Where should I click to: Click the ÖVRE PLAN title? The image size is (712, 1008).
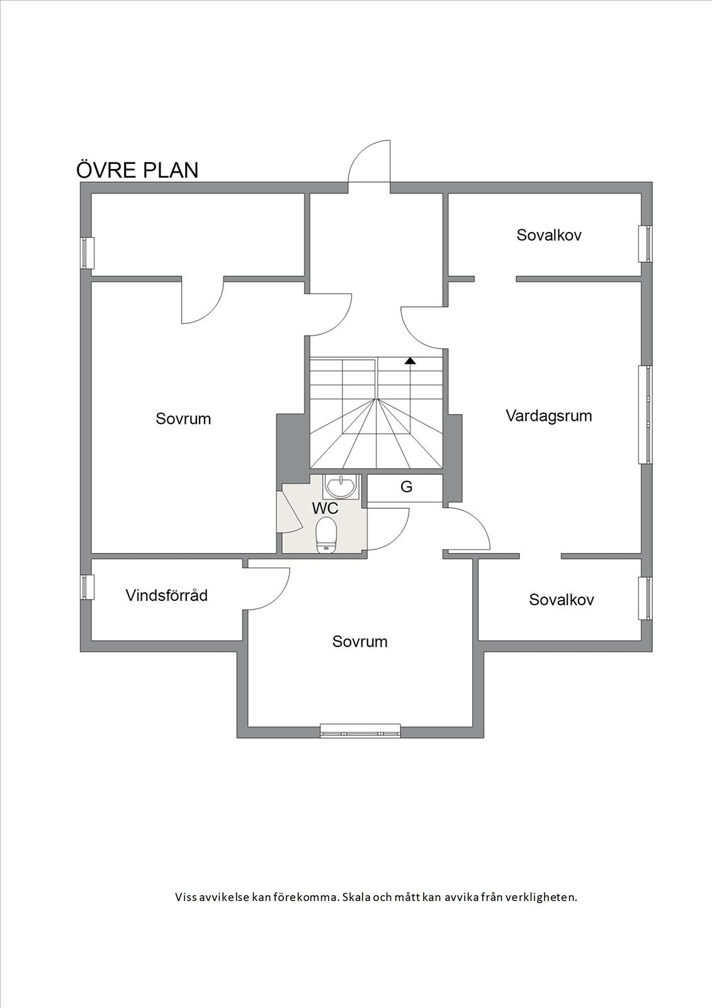(137, 170)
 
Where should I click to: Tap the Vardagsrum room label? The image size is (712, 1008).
(549, 416)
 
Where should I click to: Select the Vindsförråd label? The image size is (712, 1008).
(166, 595)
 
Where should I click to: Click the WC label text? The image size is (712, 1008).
(325, 508)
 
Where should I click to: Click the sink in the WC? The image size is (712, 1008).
(341, 486)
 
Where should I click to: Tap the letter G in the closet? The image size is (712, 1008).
(406, 487)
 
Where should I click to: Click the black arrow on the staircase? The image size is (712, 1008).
(410, 361)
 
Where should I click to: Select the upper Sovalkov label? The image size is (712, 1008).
(549, 235)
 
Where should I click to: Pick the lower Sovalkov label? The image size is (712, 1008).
(562, 600)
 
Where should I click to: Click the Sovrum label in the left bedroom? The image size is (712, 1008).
(183, 418)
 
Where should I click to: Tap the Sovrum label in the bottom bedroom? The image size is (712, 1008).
(360, 641)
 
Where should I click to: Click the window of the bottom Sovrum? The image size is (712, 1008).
(360, 730)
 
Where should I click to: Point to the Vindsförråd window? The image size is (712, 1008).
(86, 587)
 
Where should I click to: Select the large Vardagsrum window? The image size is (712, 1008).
(645, 415)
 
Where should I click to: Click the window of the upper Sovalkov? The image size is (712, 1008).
(645, 243)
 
